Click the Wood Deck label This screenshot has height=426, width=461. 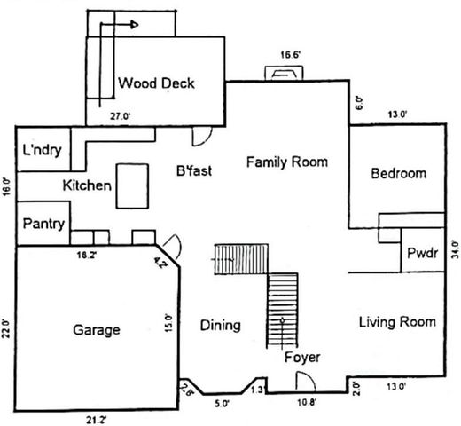[156, 83]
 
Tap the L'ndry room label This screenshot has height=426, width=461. [42, 150]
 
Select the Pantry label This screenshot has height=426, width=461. [43, 224]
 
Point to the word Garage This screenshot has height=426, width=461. [96, 330]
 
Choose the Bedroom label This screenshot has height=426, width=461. [398, 174]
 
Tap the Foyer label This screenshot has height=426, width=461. [301, 358]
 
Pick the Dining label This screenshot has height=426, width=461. [220, 326]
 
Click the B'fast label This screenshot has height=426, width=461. [193, 171]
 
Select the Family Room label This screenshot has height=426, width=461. [286, 162]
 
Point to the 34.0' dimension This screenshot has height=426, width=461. [455, 249]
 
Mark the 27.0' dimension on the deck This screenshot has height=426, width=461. [120, 116]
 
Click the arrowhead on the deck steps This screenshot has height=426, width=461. [134, 25]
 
